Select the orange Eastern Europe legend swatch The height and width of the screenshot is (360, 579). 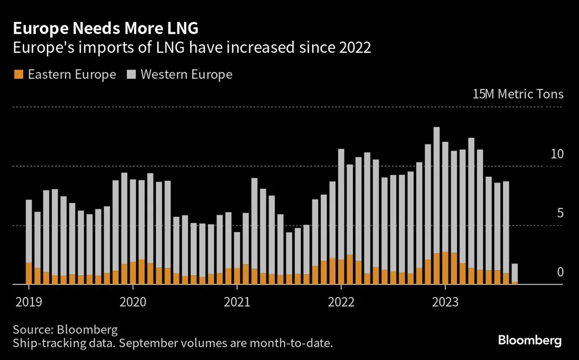pos(18,74)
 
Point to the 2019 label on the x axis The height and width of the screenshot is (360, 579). pos(28,302)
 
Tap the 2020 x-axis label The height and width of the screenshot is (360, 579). pos(132,302)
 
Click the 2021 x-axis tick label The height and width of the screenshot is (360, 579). pos(237,302)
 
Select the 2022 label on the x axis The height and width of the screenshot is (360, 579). pos(341,302)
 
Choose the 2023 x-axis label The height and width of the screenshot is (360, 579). pos(445,302)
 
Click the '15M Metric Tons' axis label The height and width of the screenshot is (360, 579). pos(518,94)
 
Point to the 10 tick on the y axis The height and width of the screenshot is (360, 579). pos(557,154)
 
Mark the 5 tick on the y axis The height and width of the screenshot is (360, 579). pos(560,213)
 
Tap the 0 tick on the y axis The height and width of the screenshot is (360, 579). pos(560,272)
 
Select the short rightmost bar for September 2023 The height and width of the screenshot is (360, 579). pos(514,273)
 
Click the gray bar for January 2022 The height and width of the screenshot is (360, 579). pos(341,204)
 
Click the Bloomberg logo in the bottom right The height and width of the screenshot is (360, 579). pos(529,340)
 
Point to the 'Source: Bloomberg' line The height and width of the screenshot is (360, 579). pos(65,330)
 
